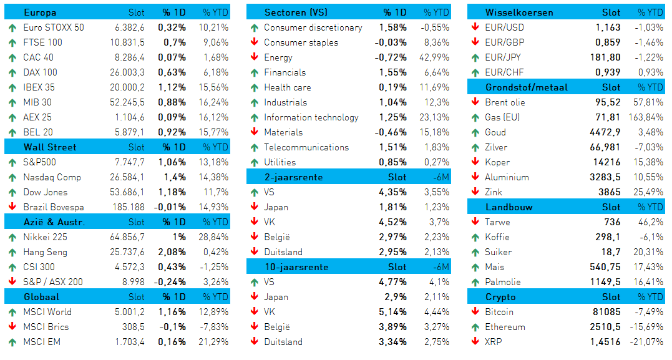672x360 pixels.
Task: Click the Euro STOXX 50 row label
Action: (54, 27)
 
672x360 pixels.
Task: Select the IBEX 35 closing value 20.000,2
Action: (127, 87)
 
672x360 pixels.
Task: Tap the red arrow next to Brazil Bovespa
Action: (12, 207)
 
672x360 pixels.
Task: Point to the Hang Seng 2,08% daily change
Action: (172, 252)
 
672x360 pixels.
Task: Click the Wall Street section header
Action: (50, 147)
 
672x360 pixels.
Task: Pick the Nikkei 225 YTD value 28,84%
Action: (213, 237)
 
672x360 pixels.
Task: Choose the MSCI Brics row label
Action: (46, 327)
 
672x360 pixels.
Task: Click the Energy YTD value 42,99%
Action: (434, 57)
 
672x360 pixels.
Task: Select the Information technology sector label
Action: (311, 117)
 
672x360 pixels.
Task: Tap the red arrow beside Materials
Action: (255, 132)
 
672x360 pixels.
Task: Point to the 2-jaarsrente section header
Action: (294, 177)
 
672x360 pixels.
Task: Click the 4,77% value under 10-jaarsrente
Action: (392, 282)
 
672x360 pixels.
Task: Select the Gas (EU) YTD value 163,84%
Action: (646, 117)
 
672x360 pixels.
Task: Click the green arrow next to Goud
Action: (475, 132)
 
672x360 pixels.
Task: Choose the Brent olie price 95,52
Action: (608, 102)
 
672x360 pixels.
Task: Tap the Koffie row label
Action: (497, 237)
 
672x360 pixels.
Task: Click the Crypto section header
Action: (500, 297)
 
